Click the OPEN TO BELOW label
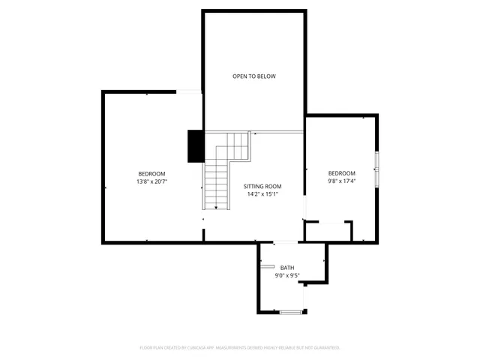click(253, 76)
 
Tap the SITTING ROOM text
click(262, 186)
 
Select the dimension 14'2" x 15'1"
click(262, 193)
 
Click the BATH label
click(287, 268)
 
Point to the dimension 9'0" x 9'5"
click(287, 275)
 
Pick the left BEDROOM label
click(151, 174)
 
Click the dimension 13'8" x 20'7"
click(151, 181)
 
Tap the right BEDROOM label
click(341, 173)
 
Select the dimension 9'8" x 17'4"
click(341, 181)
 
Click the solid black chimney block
click(196, 146)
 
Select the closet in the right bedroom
click(328, 231)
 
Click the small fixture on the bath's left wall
click(266, 266)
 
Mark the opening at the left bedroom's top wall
click(189, 91)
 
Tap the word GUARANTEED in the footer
click(325, 348)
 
